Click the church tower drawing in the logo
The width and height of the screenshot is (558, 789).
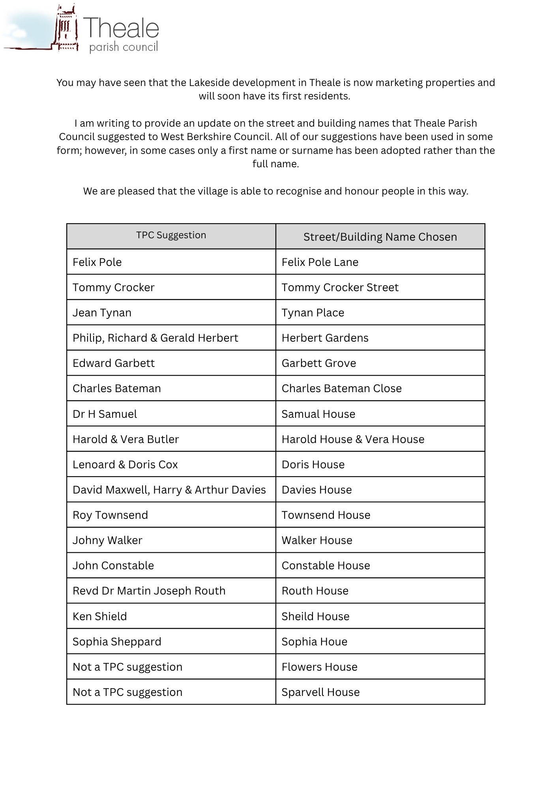(x=66, y=28)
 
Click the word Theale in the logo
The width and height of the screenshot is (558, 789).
(x=121, y=28)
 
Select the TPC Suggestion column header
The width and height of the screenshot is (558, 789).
(x=171, y=236)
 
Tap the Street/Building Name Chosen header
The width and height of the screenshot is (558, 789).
(x=380, y=237)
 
